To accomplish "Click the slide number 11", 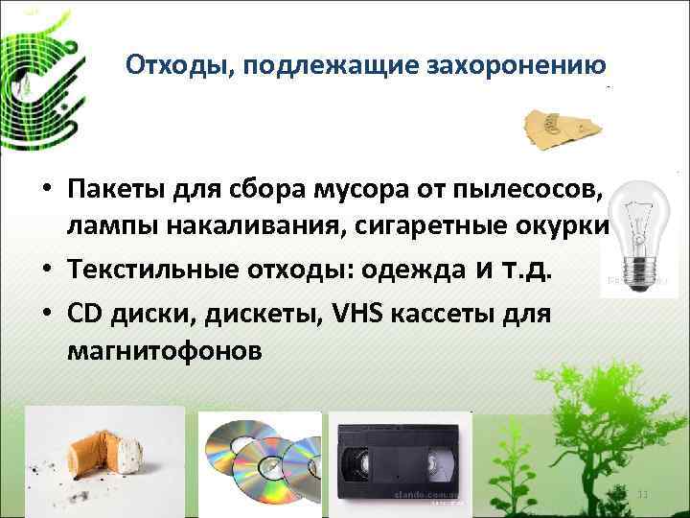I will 643,492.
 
